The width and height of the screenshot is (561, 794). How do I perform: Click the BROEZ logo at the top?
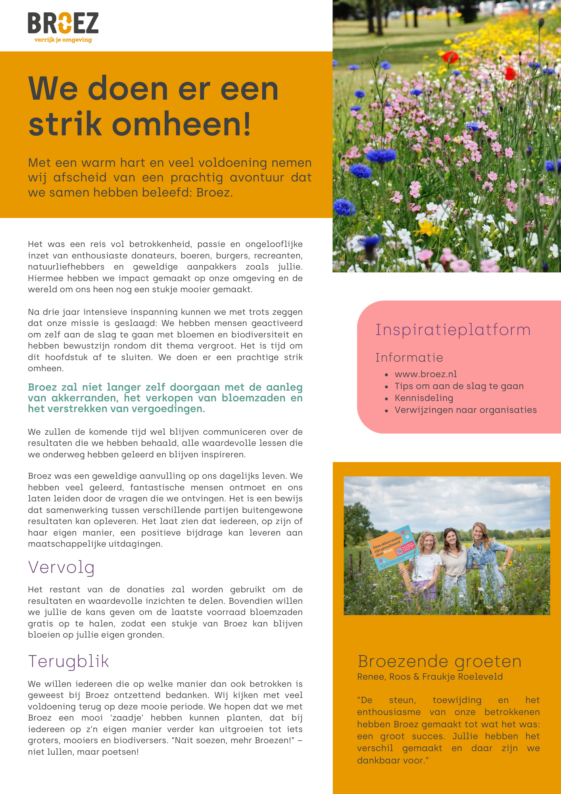point(63,23)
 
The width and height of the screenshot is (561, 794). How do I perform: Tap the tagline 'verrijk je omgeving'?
point(63,40)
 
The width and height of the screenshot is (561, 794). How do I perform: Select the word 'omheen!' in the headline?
point(181,124)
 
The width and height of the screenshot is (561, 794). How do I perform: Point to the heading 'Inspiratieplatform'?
point(453,330)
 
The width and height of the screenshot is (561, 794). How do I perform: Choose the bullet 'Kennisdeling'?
point(424,398)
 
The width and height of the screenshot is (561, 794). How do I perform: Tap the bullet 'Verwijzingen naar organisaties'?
point(465,410)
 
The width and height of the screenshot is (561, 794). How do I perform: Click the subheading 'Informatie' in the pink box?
point(409,357)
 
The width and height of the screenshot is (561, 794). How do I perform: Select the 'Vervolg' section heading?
point(61,567)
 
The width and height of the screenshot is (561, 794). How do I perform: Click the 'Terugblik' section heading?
point(68,661)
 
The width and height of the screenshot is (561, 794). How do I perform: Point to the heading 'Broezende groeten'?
point(439,661)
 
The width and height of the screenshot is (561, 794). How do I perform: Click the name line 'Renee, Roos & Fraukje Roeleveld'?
point(430,676)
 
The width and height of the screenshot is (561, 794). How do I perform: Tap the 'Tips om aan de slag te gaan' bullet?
point(459,386)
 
